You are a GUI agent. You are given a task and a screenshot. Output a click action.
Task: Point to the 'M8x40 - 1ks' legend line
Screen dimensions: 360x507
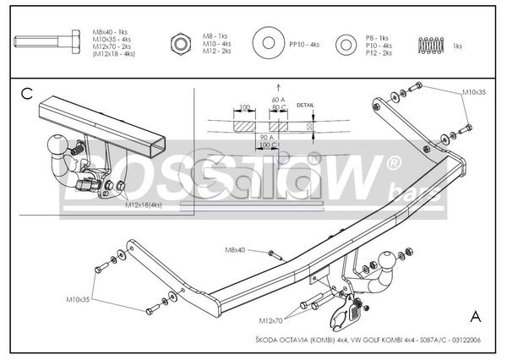[x=109, y=31]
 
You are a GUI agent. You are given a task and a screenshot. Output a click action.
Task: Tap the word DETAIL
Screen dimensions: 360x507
[x=306, y=106]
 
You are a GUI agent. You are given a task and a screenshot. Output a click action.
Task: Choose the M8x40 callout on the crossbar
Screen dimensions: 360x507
[x=235, y=250]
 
